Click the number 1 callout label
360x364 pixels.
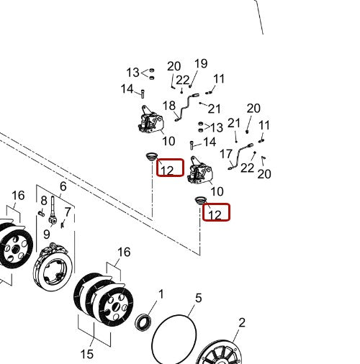pyautogui.click(x=161, y=294)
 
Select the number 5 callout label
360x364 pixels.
pyautogui.click(x=199, y=298)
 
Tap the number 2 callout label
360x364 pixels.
pyautogui.click(x=242, y=322)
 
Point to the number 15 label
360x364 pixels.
pyautogui.click(x=87, y=354)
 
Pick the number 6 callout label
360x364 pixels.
pyautogui.click(x=63, y=186)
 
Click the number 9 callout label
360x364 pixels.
pyautogui.click(x=47, y=234)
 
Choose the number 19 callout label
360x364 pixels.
pyautogui.click(x=201, y=63)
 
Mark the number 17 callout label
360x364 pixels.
pyautogui.click(x=226, y=154)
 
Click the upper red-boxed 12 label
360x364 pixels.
pyautogui.click(x=167, y=170)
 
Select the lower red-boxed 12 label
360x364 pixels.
pyautogui.click(x=215, y=215)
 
